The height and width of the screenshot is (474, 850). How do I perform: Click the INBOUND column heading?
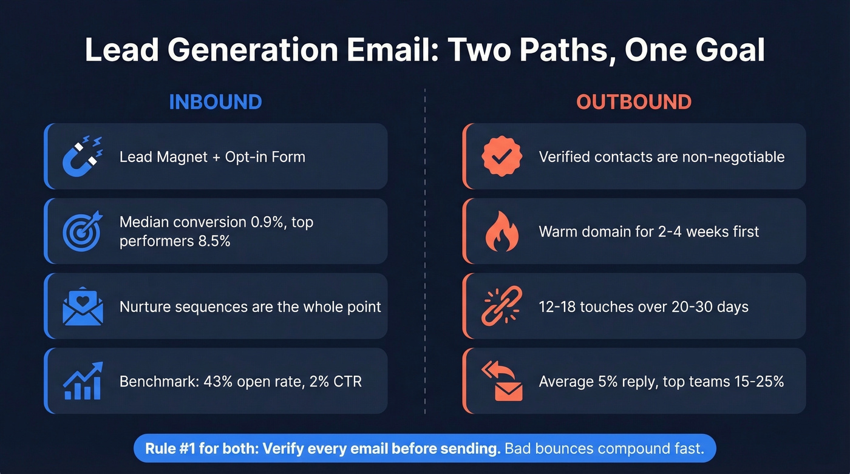point(215,101)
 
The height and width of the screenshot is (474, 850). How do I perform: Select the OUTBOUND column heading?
point(633,101)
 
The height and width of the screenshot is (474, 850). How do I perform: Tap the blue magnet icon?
point(83,156)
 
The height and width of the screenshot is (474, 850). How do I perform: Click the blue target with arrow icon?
point(83,231)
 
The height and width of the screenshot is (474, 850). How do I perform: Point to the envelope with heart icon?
point(83,306)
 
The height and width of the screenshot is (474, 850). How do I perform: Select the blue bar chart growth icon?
point(83,381)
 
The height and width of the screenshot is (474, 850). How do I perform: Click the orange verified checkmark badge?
point(501,156)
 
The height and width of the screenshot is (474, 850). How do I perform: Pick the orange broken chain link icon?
point(501,306)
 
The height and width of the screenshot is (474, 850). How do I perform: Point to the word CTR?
point(348,382)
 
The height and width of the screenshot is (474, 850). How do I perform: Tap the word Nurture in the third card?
point(144,306)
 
